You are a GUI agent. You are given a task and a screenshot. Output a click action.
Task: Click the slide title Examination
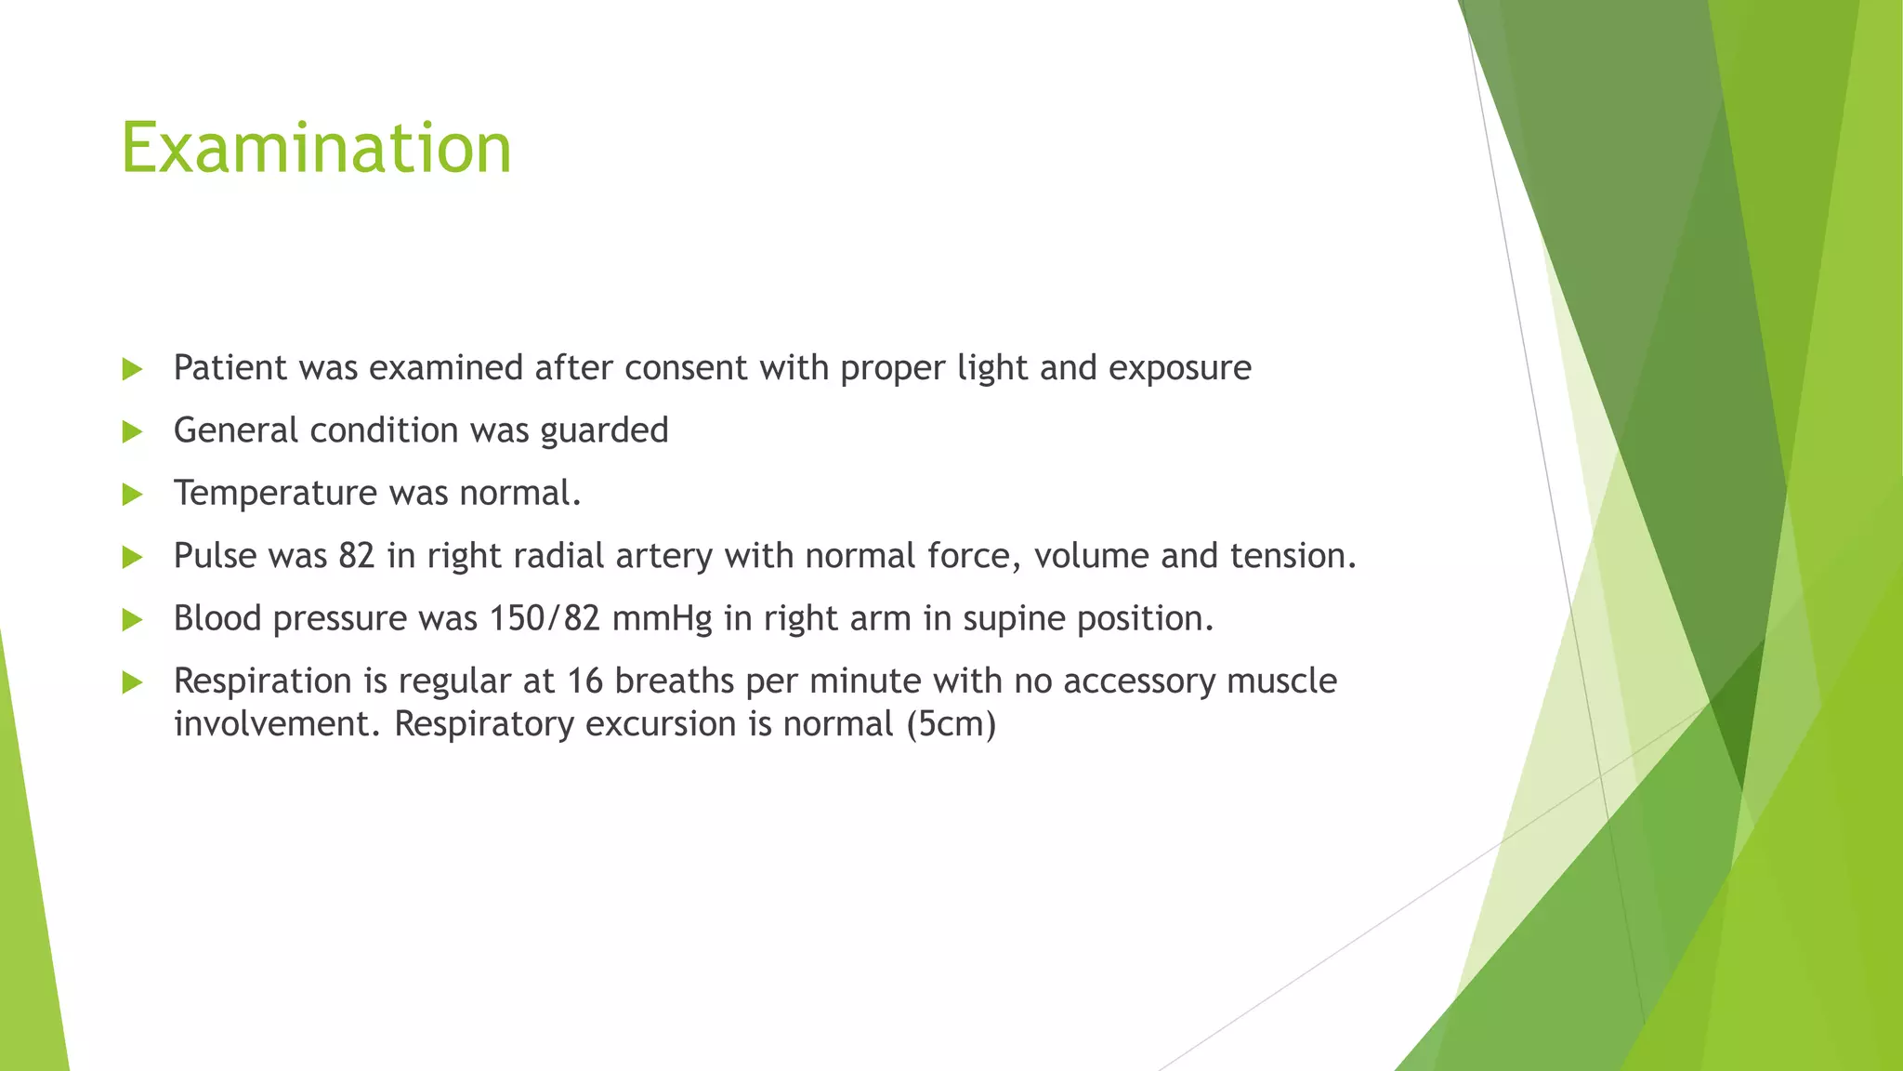(316, 149)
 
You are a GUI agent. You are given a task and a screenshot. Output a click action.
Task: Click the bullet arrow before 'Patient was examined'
(132, 369)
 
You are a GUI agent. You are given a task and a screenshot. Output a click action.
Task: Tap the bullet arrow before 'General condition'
(132, 431)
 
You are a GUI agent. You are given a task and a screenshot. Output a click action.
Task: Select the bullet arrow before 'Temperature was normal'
(132, 494)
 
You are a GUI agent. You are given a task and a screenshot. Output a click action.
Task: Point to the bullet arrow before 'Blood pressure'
(132, 619)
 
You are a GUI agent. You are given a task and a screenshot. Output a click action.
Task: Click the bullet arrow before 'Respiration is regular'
(132, 682)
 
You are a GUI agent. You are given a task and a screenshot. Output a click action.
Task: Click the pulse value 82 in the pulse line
(356, 556)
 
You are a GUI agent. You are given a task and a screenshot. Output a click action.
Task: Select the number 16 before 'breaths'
(585, 681)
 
